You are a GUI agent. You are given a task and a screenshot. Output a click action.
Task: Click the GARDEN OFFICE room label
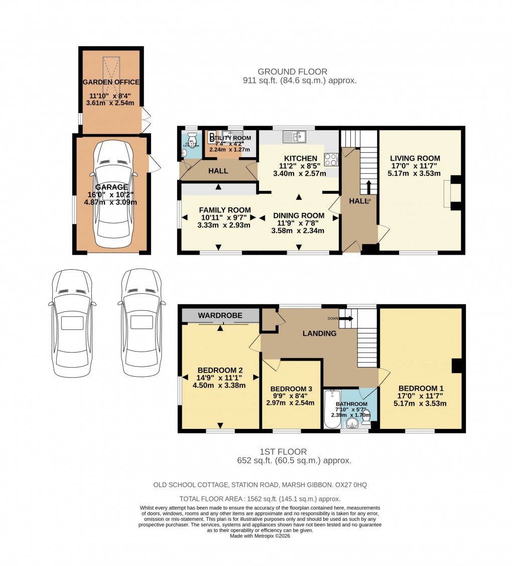click(111, 82)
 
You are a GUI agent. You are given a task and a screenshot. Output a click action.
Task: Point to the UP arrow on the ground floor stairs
click(369, 187)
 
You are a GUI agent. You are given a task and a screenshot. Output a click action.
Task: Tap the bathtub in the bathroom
click(332, 409)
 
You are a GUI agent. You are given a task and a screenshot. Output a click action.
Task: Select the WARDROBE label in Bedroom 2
click(220, 315)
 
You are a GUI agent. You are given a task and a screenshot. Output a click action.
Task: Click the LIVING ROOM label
click(415, 158)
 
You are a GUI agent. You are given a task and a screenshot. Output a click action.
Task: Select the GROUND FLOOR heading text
click(292, 72)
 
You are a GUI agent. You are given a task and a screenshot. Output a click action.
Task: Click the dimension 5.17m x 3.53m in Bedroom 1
click(421, 403)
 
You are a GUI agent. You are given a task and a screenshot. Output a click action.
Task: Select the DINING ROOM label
click(298, 215)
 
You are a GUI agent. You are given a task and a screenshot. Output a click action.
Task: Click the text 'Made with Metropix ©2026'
click(260, 536)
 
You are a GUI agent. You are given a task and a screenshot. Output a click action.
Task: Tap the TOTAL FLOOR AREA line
click(260, 499)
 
